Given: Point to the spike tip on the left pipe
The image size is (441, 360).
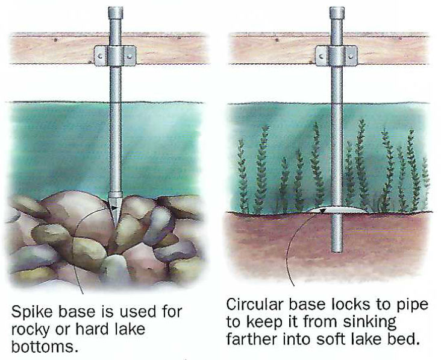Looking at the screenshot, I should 114,203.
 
